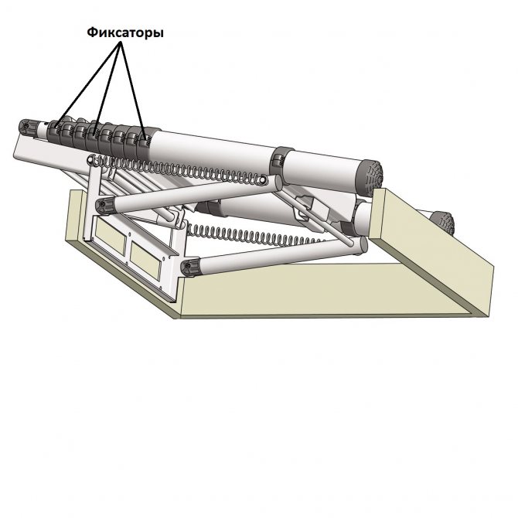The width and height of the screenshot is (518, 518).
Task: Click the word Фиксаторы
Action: [125, 32]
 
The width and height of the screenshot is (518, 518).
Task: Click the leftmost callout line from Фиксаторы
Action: [89, 84]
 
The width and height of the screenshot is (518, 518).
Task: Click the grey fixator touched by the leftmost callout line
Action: [55, 130]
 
